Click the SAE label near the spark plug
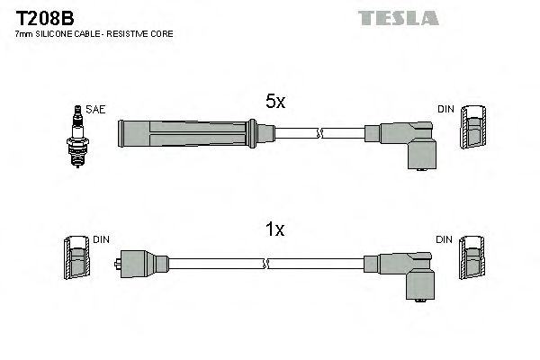click(x=96, y=110)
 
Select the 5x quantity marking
click(x=274, y=103)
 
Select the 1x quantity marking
click(x=274, y=229)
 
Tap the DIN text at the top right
click(x=446, y=110)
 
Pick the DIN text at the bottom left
click(x=101, y=240)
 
